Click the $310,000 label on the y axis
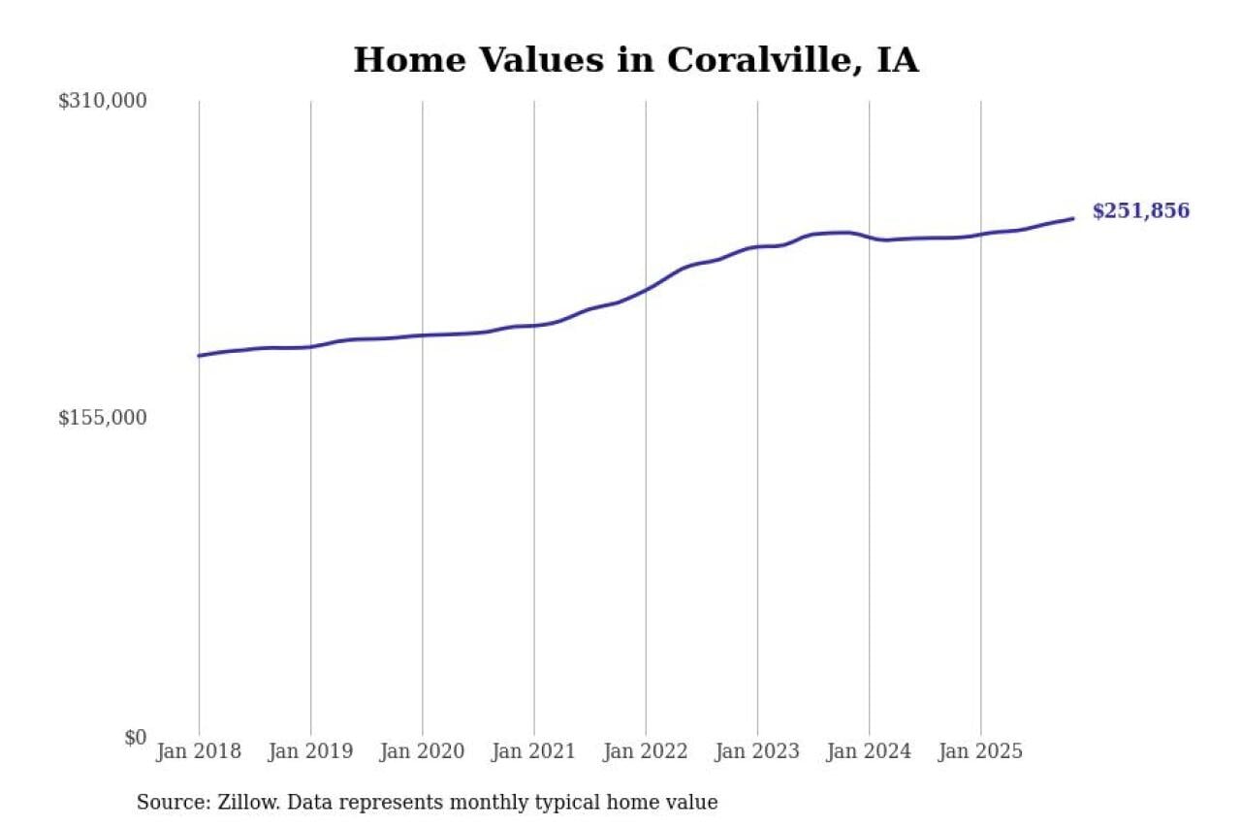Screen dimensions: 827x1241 (x=102, y=101)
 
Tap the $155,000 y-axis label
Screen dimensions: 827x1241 (x=102, y=418)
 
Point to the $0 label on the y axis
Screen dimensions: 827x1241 (x=135, y=737)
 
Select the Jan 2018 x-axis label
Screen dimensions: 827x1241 (x=199, y=752)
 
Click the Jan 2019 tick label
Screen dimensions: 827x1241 (x=310, y=752)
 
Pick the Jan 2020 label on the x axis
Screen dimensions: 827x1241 (x=422, y=752)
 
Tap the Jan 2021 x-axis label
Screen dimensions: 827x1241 (x=533, y=752)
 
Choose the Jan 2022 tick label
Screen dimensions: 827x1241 (x=645, y=752)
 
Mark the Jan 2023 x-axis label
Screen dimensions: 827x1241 (x=757, y=752)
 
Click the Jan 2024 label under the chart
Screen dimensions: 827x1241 (x=869, y=752)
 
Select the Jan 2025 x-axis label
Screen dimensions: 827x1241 (x=980, y=752)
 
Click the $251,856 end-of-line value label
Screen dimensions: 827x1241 (x=1140, y=211)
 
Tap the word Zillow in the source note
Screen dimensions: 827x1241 (x=239, y=803)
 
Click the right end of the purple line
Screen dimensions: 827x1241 (x=1072, y=218)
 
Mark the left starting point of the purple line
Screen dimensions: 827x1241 (x=199, y=356)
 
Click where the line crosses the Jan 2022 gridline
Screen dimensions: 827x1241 (x=646, y=289)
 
